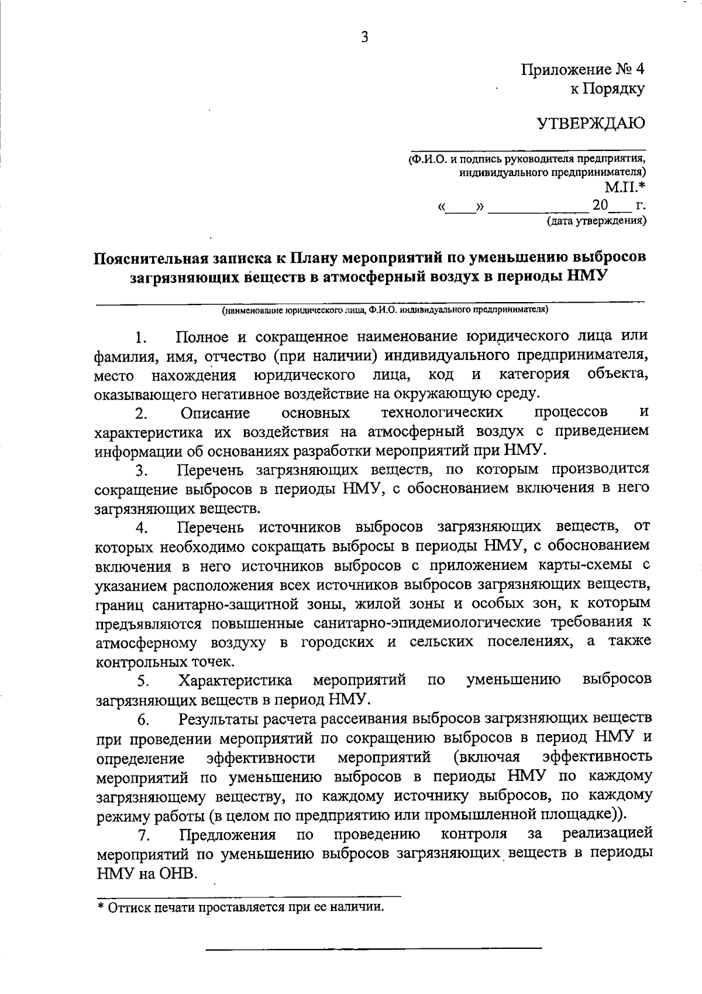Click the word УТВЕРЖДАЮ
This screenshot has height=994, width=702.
[591, 123]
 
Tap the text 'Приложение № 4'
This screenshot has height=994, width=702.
[583, 70]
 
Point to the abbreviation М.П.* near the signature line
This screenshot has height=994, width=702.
[625, 187]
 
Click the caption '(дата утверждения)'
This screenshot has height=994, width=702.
[596, 221]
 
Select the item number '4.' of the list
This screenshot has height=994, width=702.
[141, 529]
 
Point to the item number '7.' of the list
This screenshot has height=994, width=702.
[141, 835]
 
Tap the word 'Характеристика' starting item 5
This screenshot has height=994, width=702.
[236, 681]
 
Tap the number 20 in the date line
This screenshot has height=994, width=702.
[600, 206]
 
